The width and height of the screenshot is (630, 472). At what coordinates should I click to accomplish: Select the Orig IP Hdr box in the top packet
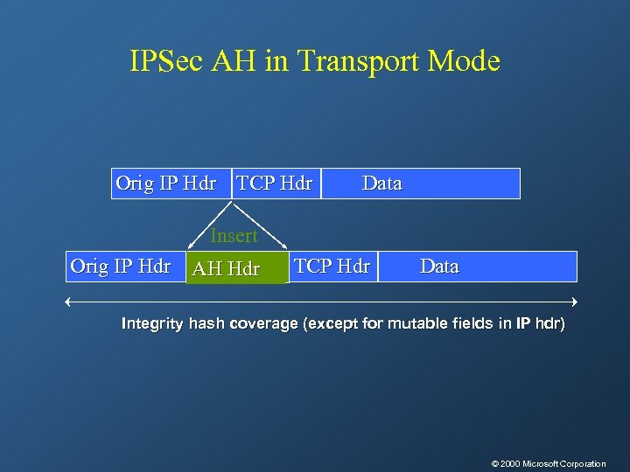click(x=166, y=184)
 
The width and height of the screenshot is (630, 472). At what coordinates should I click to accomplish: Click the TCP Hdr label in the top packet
click(x=275, y=184)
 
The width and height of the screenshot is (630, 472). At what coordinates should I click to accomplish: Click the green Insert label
click(x=234, y=236)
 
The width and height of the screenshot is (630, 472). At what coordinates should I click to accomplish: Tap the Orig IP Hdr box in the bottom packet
click(x=121, y=267)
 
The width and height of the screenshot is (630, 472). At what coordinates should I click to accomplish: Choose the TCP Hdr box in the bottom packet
click(x=332, y=267)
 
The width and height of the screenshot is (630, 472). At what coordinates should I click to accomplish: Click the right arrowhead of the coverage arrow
click(x=576, y=302)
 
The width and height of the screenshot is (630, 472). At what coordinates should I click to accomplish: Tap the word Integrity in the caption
click(x=152, y=324)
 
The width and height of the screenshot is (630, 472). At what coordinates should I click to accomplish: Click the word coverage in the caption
click(x=263, y=324)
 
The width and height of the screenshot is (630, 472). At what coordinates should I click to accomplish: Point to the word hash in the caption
click(x=206, y=324)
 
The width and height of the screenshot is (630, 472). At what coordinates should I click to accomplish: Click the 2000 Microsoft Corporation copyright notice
click(x=549, y=463)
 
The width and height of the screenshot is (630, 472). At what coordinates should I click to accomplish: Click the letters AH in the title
click(x=231, y=62)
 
